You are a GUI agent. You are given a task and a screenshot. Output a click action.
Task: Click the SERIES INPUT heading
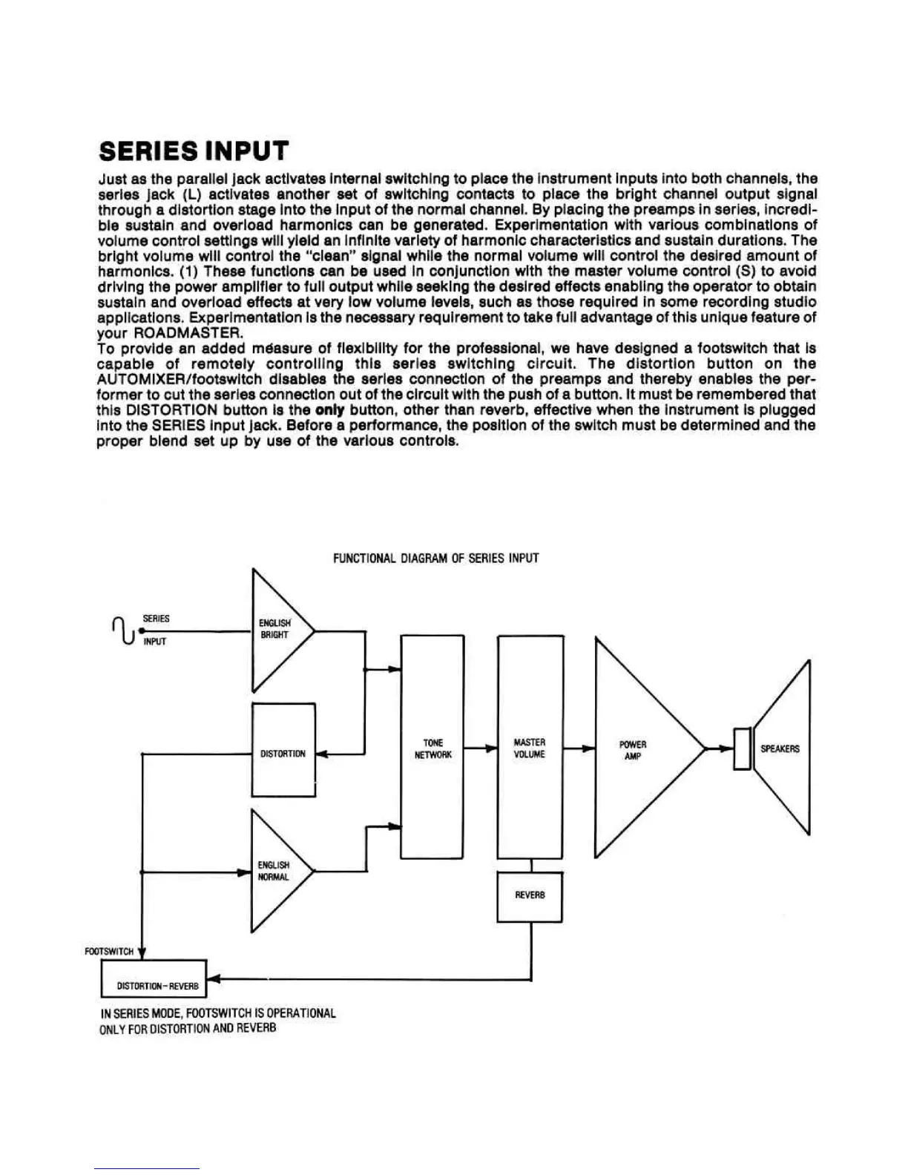pos(193,151)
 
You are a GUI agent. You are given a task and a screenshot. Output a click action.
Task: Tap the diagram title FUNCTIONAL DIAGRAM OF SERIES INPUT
pos(435,558)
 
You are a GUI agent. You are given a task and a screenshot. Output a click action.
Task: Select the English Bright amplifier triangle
pos(276,630)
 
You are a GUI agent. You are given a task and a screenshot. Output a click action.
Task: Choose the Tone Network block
pos(432,748)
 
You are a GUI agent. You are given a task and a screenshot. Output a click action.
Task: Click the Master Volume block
pos(530,748)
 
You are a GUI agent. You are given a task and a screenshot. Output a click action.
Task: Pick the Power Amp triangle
pos(638,749)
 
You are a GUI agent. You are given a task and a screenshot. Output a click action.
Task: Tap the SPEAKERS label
pos(780,749)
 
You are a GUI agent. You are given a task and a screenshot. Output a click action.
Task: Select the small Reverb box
pos(530,896)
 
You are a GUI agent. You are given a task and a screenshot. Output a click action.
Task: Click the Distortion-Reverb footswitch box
pos(154,978)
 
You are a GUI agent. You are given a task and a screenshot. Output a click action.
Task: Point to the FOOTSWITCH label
pos(109,951)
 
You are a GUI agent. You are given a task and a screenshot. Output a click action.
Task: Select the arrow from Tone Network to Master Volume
pos(481,748)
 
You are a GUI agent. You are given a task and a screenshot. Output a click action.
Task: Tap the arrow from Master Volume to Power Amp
pos(579,748)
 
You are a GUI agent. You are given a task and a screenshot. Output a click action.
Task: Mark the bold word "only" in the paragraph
pos(330,410)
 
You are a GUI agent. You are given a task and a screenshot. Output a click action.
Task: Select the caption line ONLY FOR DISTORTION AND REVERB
pos(188,1029)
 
